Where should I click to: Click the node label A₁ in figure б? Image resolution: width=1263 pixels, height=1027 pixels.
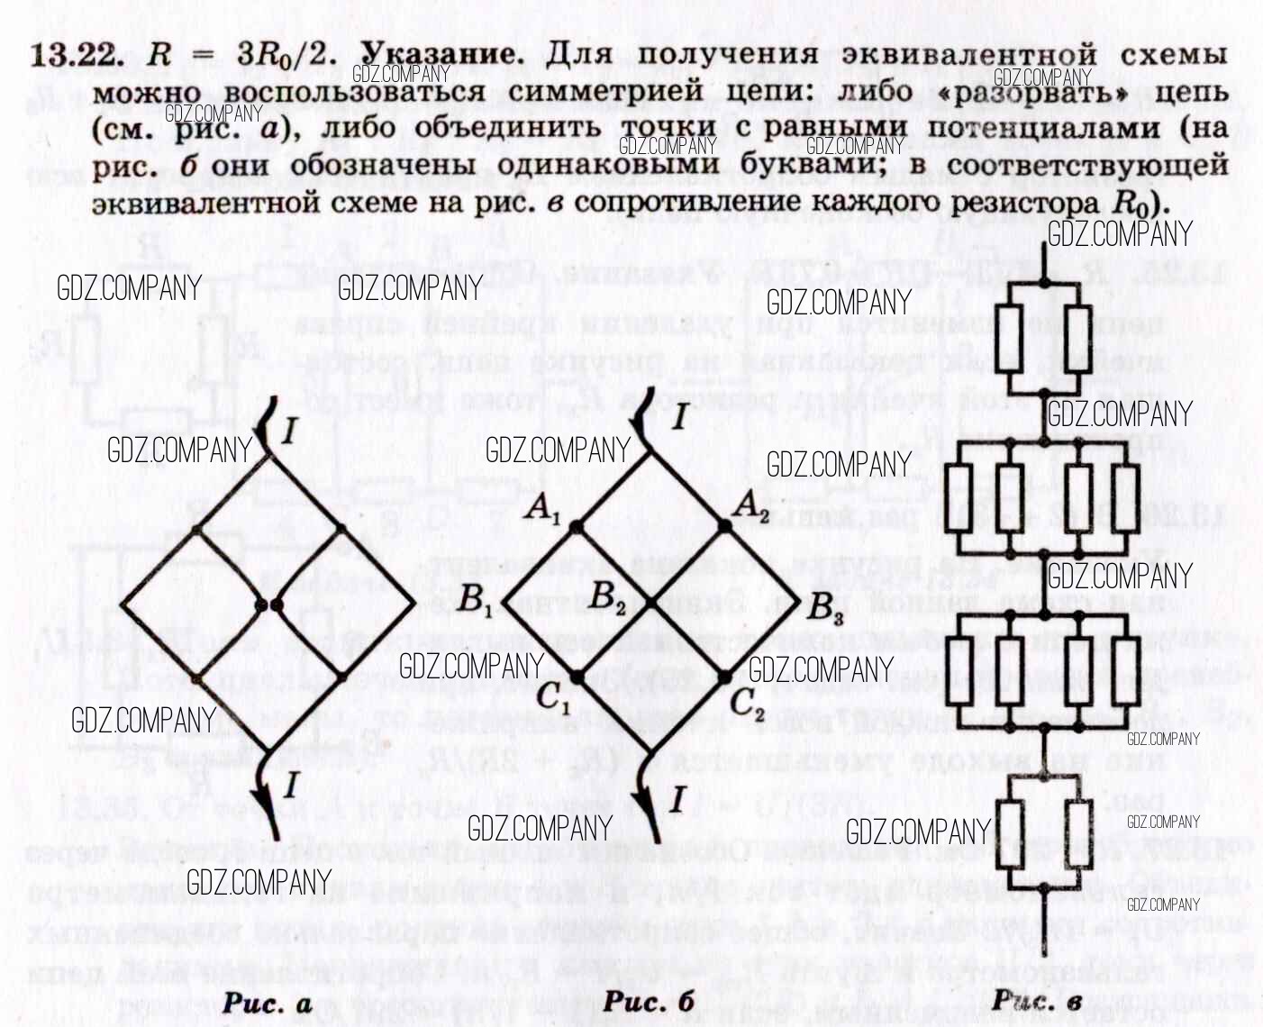[543, 511]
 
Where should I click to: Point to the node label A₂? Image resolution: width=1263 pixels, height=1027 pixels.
[751, 505]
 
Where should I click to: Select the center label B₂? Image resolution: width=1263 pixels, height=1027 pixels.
[608, 595]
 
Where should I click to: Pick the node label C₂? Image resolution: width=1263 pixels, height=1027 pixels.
[747, 702]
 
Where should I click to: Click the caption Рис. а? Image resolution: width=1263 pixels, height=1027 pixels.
[267, 1003]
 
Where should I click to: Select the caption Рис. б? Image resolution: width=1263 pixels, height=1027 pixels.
[649, 1001]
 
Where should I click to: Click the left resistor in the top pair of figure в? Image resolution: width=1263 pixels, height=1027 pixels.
[1009, 338]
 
